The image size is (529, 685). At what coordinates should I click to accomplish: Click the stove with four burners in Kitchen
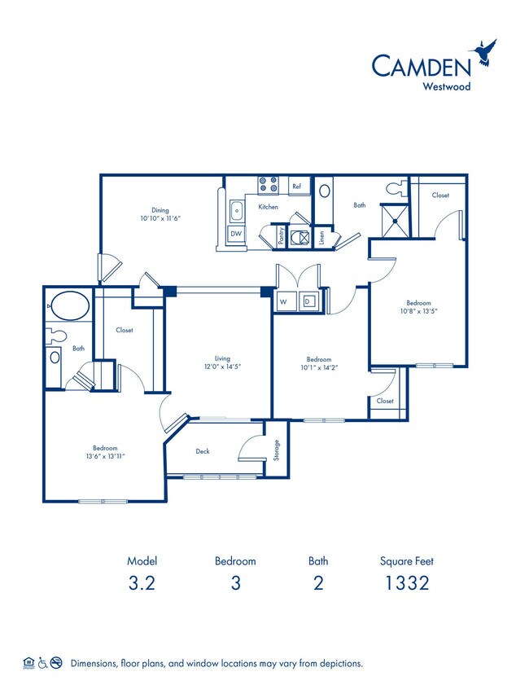268,186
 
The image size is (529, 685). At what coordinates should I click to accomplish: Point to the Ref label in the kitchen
297,187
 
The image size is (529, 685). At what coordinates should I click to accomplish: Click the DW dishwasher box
236,234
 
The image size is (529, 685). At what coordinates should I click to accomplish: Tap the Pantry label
282,237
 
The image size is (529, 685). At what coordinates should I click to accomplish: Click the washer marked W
284,301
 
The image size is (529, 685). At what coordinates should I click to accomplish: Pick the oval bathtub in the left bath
68,307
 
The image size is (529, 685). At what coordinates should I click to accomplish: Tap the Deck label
203,450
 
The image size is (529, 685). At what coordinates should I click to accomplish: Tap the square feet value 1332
404,582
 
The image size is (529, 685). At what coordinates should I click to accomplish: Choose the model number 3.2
142,582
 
